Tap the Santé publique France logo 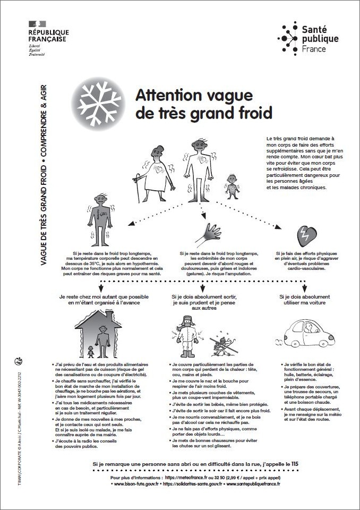pyautogui.click(x=307, y=38)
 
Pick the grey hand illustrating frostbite pyautogui.click(x=209, y=234)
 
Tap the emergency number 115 pyautogui.click(x=295, y=464)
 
